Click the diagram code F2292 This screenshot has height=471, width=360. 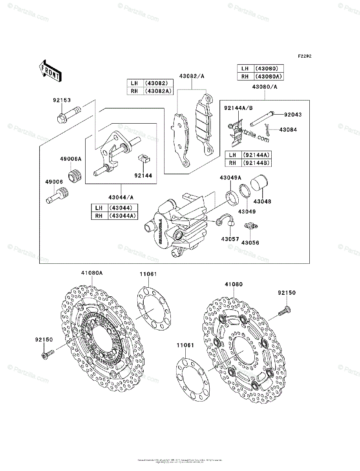tap(304, 56)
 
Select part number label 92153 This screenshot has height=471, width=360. tap(62, 100)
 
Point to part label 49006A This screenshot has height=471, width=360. tap(70, 159)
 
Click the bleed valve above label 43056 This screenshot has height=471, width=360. tap(249, 226)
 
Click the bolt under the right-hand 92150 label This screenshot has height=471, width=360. tap(285, 311)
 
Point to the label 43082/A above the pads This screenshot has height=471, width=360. tap(192, 77)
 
